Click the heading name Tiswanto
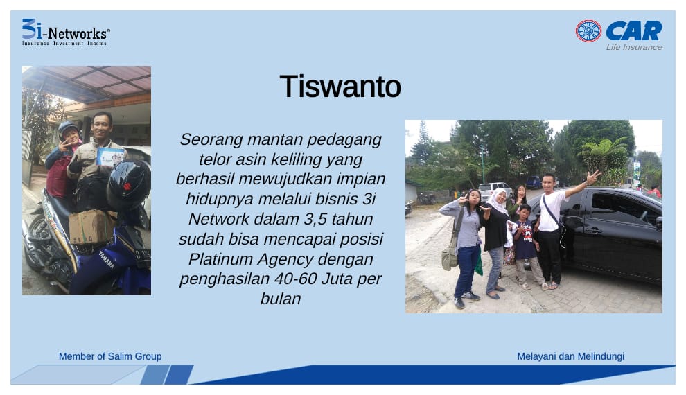[x=340, y=86]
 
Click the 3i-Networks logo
[x=66, y=32]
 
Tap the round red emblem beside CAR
[x=588, y=31]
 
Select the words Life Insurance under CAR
[x=634, y=47]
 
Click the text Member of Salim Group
[x=110, y=356]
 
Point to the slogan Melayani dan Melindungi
[x=570, y=356]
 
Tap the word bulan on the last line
[x=281, y=299]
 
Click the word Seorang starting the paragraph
[x=211, y=140]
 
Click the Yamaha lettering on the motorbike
[x=107, y=259]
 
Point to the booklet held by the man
[x=109, y=157]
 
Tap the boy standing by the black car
[x=527, y=246]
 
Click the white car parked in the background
[x=494, y=191]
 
